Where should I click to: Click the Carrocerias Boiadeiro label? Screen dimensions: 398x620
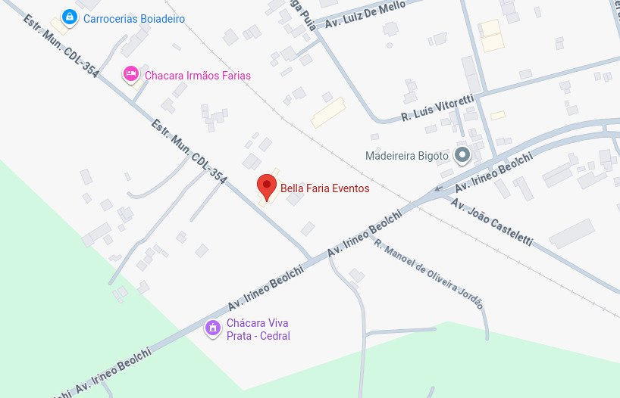(134, 18)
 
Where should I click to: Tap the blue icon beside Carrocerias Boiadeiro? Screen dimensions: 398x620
(69, 17)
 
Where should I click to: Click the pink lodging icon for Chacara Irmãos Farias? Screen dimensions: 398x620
(130, 73)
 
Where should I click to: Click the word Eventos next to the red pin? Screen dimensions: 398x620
(351, 188)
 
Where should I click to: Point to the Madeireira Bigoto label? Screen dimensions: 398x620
(407, 156)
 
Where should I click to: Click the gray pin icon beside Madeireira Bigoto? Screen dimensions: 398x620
(462, 156)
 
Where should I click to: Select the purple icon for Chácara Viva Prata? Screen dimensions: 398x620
(213, 328)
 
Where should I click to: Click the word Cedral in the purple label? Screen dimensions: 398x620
(274, 336)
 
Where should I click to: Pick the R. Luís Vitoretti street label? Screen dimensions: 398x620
(438, 107)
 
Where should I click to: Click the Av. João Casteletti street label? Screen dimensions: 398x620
(491, 222)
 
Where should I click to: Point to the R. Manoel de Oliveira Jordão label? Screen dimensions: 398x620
(428, 275)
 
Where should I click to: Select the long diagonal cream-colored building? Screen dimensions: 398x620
(328, 112)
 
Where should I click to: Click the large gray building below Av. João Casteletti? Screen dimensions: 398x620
(571, 234)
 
